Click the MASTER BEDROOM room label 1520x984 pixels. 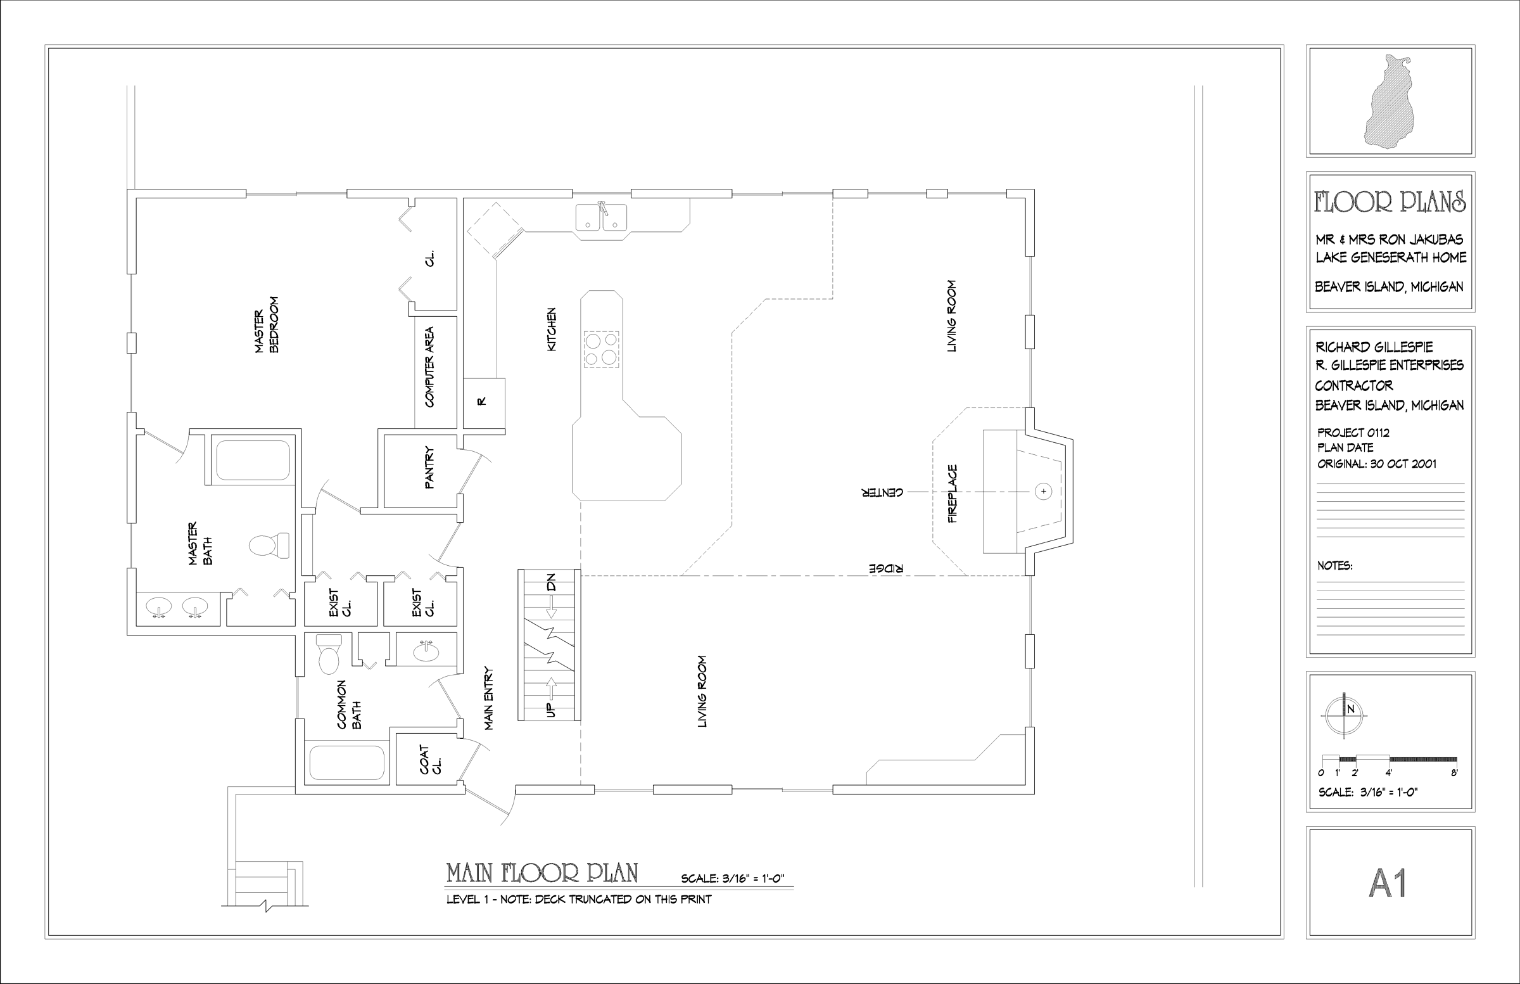[267, 324]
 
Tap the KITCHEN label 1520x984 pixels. [552, 329]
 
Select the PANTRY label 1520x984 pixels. [429, 468]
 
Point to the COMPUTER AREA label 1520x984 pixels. [429, 367]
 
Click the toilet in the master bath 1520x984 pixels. [269, 545]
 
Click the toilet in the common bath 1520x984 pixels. [329, 654]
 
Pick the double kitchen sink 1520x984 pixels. [601, 217]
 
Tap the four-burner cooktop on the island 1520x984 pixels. [601, 349]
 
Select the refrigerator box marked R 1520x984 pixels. [483, 402]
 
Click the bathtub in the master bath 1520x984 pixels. [253, 459]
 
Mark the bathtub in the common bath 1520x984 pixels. [347, 763]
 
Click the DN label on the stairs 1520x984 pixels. [551, 582]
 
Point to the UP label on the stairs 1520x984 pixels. [551, 708]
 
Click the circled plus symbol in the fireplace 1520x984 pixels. [1043, 491]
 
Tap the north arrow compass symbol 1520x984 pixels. [1344, 715]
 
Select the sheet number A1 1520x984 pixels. [1389, 883]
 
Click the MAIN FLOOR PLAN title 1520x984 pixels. [541, 873]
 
